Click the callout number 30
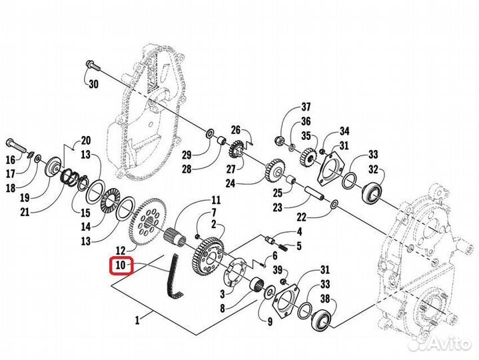(x=93, y=83)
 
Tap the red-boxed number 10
(x=122, y=266)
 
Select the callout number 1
(x=137, y=321)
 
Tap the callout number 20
(x=85, y=140)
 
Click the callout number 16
(x=10, y=160)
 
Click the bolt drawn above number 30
(x=92, y=65)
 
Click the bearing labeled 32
(x=372, y=192)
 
